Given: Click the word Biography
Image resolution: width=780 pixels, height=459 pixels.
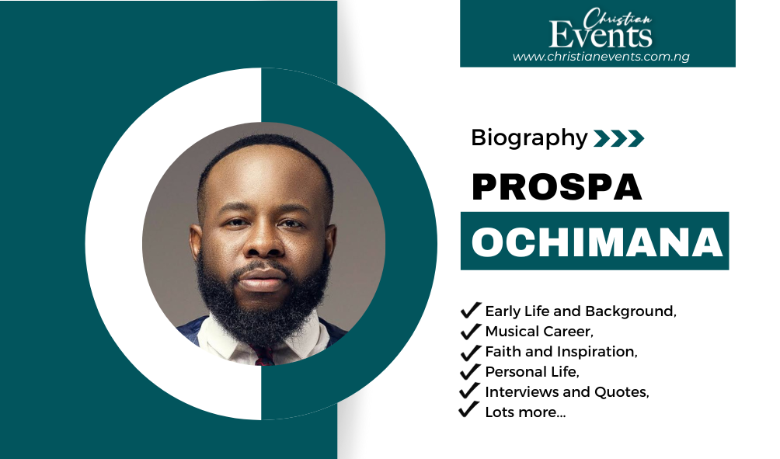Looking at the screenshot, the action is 529,138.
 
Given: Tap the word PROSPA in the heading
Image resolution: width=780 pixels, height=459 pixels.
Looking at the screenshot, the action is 557,187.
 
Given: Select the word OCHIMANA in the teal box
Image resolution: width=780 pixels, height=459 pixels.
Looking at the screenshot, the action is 597,242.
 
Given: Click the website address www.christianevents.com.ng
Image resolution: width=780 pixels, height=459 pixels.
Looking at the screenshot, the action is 601,57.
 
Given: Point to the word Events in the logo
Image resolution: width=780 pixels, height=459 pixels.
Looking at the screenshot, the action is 601,34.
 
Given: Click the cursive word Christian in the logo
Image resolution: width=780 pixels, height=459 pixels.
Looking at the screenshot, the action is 618,19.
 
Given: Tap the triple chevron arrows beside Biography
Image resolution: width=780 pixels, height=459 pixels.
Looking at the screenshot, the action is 619,138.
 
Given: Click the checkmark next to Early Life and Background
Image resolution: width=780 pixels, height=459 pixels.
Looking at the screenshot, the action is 470,310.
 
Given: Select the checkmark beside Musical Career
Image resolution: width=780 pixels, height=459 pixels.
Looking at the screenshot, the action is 470,331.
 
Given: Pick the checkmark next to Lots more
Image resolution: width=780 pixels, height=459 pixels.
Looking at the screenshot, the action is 468,410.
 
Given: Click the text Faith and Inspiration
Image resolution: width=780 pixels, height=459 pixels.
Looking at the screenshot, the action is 561,352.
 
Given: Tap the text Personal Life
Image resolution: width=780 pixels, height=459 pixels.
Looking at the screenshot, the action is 532,372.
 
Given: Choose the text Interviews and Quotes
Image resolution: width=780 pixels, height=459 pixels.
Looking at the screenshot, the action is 567,392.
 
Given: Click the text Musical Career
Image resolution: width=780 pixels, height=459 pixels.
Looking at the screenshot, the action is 539,331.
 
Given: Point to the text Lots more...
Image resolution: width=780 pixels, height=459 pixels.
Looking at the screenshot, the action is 525,412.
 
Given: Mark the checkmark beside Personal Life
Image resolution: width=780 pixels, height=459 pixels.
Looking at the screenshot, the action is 470,371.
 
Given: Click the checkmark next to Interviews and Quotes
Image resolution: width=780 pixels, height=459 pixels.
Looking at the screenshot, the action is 469,391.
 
